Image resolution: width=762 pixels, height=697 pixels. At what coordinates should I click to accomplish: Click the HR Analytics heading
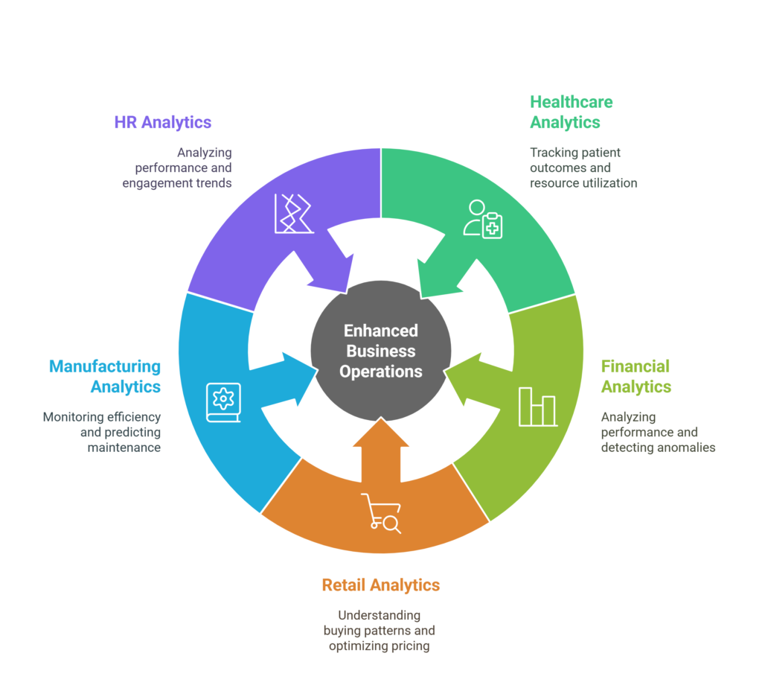pyautogui.click(x=163, y=122)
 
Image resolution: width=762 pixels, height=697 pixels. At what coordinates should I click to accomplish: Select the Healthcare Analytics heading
pyautogui.click(x=571, y=112)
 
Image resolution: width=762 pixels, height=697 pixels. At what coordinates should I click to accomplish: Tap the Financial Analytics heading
pyautogui.click(x=635, y=376)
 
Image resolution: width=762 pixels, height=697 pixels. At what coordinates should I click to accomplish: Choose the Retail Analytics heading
pyautogui.click(x=380, y=585)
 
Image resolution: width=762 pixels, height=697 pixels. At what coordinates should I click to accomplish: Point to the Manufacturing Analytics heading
pyautogui.click(x=105, y=376)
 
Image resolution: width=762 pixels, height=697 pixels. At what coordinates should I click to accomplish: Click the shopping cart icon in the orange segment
pyautogui.click(x=381, y=513)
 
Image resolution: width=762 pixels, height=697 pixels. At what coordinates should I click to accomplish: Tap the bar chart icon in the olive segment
pyautogui.click(x=537, y=407)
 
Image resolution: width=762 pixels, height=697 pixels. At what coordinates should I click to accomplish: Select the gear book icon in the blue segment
pyautogui.click(x=223, y=402)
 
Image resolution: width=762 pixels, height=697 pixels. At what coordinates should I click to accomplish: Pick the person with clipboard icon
pyautogui.click(x=483, y=219)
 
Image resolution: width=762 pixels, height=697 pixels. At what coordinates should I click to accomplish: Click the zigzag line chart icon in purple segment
pyautogui.click(x=292, y=213)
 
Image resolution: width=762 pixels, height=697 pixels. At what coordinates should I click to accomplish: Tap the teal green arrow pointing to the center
pyautogui.click(x=439, y=272)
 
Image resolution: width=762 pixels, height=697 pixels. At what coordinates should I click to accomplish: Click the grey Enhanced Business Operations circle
pyautogui.click(x=381, y=351)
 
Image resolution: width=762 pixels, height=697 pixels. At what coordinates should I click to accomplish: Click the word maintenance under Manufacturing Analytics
pyautogui.click(x=124, y=448)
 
